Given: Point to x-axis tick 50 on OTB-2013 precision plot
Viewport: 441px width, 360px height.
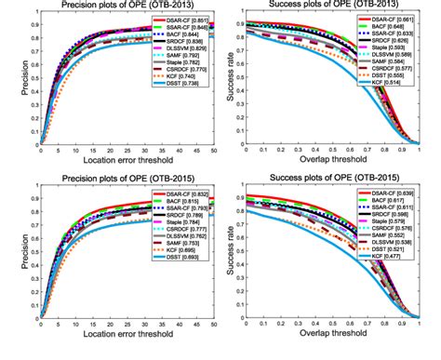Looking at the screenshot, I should pos(213,151).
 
